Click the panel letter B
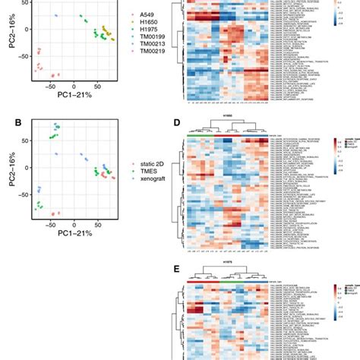click(x=5, y=121)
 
